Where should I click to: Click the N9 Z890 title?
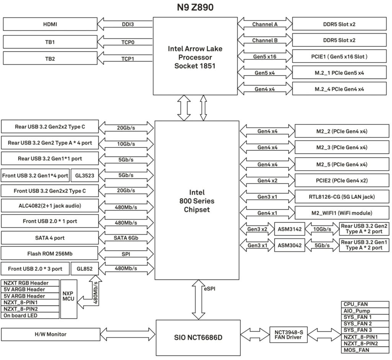(x=195, y=8)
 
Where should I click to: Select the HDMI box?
(x=50, y=24)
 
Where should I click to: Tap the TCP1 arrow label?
(x=127, y=59)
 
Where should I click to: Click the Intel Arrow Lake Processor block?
(x=195, y=57)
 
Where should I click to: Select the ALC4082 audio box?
(x=50, y=206)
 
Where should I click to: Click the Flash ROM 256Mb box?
(x=50, y=254)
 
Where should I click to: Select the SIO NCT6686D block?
(x=198, y=338)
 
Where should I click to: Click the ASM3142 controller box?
(x=290, y=229)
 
